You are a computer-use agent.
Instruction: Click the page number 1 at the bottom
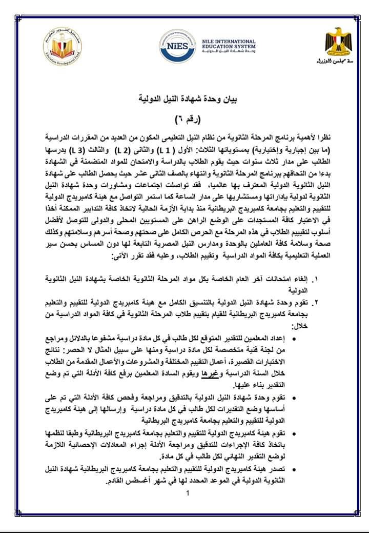[188, 495]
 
